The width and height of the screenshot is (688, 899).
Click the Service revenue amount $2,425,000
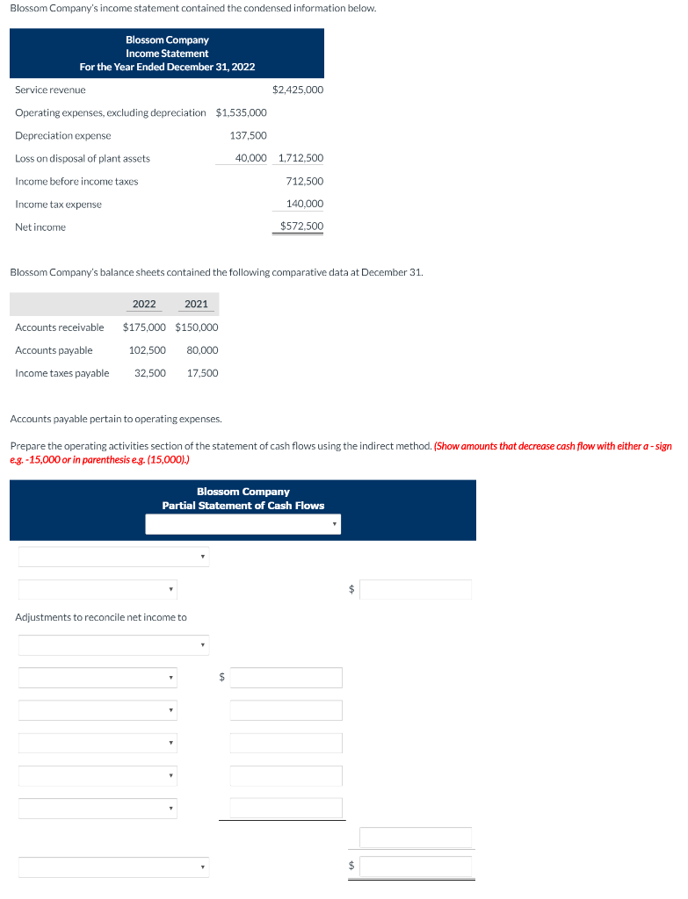(x=298, y=90)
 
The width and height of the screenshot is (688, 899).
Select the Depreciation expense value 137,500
(x=248, y=135)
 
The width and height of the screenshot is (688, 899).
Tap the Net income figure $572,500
(x=301, y=227)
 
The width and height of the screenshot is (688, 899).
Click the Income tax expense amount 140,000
(x=304, y=204)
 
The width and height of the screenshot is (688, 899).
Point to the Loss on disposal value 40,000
(x=250, y=158)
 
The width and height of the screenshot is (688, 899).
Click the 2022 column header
(x=144, y=304)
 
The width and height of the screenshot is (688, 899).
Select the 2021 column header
(x=197, y=304)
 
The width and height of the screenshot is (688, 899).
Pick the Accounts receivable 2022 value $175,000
(x=144, y=327)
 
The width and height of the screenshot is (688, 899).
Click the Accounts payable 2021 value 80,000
(x=202, y=350)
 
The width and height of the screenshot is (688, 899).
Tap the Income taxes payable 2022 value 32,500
(x=149, y=373)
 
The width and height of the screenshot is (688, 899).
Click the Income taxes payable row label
(x=62, y=373)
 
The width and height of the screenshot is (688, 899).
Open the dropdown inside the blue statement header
(x=243, y=524)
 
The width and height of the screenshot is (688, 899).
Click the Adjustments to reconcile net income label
(x=101, y=617)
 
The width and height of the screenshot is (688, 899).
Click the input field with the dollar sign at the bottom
(x=415, y=866)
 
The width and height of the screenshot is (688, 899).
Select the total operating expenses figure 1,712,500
(x=301, y=158)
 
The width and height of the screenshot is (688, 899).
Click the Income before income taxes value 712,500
(x=304, y=181)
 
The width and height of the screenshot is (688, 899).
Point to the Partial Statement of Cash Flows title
(x=243, y=506)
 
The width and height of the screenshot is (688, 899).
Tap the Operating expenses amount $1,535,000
(x=241, y=112)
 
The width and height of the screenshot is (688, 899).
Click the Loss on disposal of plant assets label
(x=83, y=158)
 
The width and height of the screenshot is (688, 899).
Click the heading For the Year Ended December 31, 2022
(x=167, y=67)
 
